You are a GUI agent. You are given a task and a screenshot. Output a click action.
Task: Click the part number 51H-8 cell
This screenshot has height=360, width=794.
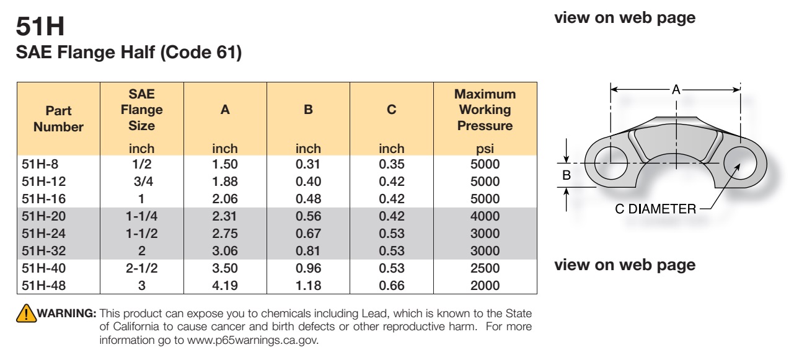(40, 164)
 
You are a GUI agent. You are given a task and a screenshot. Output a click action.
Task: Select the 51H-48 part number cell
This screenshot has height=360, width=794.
(43, 286)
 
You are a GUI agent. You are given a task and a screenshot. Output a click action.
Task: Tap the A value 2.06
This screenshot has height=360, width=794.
(225, 199)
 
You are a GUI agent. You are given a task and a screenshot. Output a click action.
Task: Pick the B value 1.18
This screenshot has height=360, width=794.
(308, 286)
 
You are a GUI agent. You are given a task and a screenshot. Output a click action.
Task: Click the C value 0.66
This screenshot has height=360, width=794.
(391, 286)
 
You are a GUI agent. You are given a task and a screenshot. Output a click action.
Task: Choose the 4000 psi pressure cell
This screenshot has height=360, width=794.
(485, 216)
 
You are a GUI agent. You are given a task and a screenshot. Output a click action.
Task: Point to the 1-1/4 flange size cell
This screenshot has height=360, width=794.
(141, 216)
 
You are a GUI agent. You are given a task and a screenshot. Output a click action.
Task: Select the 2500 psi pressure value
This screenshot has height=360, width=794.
(485, 268)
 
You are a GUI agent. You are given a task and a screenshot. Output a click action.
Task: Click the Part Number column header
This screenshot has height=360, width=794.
(58, 119)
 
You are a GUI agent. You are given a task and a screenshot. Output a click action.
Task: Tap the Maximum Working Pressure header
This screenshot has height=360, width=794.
(485, 110)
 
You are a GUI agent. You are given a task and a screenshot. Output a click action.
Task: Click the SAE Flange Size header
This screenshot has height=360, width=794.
(141, 110)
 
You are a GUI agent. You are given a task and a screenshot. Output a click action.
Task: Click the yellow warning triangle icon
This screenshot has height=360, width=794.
(26, 314)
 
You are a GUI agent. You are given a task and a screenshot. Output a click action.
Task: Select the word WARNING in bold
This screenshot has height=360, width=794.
(67, 314)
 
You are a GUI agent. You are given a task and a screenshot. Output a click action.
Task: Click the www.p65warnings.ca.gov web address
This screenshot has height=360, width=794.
(253, 340)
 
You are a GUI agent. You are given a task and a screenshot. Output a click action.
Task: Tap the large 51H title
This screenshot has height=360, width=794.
(40, 27)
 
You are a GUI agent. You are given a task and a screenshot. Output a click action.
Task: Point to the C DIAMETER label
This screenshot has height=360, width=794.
(655, 209)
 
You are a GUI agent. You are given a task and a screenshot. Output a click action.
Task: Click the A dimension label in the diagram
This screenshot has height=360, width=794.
(676, 90)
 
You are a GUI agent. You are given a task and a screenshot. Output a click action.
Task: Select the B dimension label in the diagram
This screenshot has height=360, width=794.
(567, 175)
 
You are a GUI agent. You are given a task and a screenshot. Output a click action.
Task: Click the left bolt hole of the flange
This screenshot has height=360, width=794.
(611, 163)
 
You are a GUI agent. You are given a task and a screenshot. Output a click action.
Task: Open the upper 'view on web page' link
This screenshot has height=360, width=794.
(625, 18)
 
